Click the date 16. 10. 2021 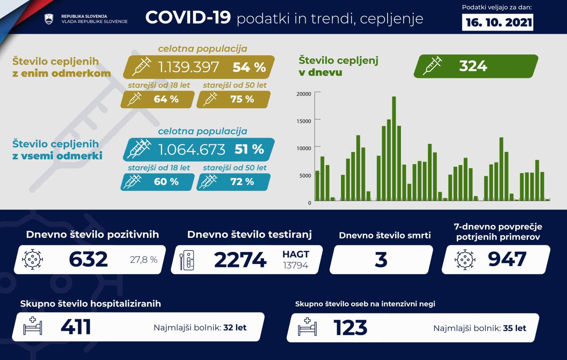coord(497,22)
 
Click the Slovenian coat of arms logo coord(49,19)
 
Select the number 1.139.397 coord(189,67)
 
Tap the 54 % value coord(249,67)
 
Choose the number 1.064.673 coord(192,149)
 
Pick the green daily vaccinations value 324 coord(473,66)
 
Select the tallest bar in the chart coord(394,148)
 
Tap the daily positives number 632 coord(88,259)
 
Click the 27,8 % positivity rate coord(144,260)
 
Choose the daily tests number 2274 coord(240,260)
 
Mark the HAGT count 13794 coord(296,265)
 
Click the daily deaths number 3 coord(381,259)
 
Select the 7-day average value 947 coord(507,259)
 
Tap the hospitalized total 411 coord(76,327)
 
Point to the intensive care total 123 coord(350,328)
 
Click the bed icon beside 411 coord(33,327)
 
